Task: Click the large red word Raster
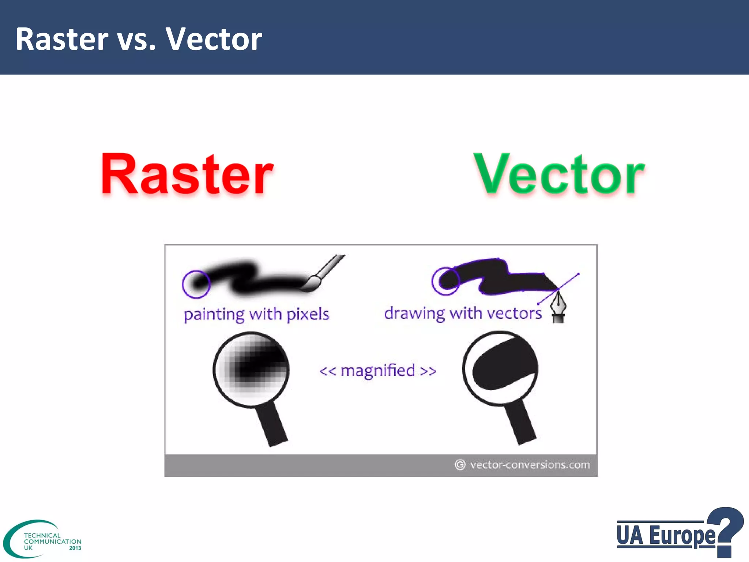pos(187,175)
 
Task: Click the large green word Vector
pos(559,175)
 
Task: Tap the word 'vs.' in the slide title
pos(136,39)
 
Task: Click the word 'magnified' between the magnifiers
pos(378,371)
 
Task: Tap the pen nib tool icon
pos(558,307)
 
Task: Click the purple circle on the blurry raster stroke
pos(196,284)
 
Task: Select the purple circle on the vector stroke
pos(445,281)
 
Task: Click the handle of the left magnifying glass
pos(272,424)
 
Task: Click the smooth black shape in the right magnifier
pos(501,366)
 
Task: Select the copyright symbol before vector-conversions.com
pos(460,465)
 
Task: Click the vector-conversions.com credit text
pos(530,465)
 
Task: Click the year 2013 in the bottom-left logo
pos(75,548)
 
